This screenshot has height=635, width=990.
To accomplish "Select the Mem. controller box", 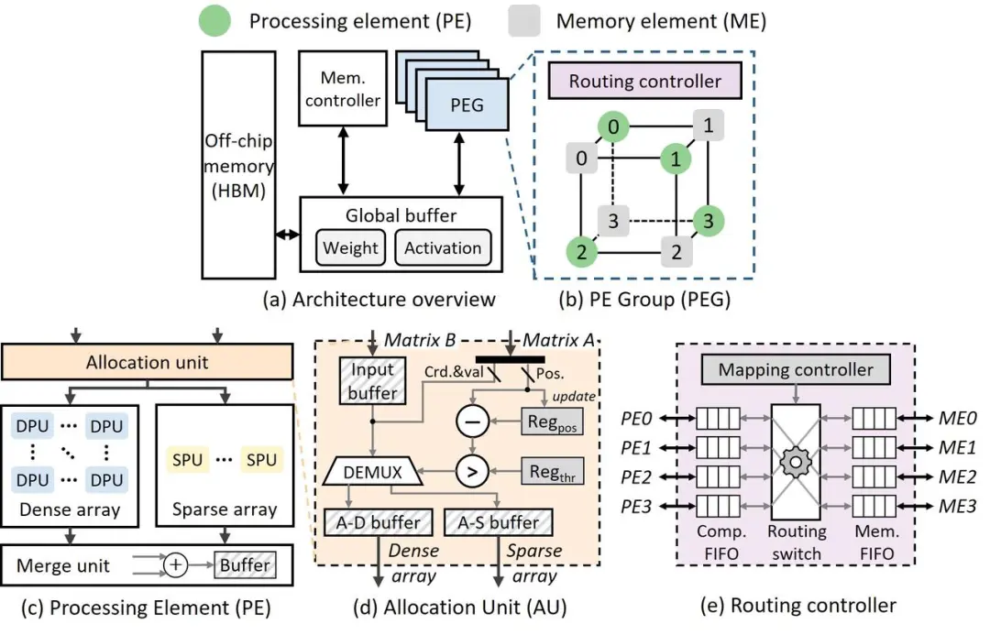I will [x=342, y=89].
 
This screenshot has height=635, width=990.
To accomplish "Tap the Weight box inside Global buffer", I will [x=351, y=247].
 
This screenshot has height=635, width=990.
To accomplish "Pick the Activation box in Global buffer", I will [x=443, y=247].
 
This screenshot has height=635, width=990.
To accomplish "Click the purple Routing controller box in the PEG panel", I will [x=645, y=81].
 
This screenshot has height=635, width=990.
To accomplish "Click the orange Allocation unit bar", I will [x=147, y=362].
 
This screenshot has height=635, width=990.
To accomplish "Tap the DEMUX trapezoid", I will [x=370, y=473].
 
